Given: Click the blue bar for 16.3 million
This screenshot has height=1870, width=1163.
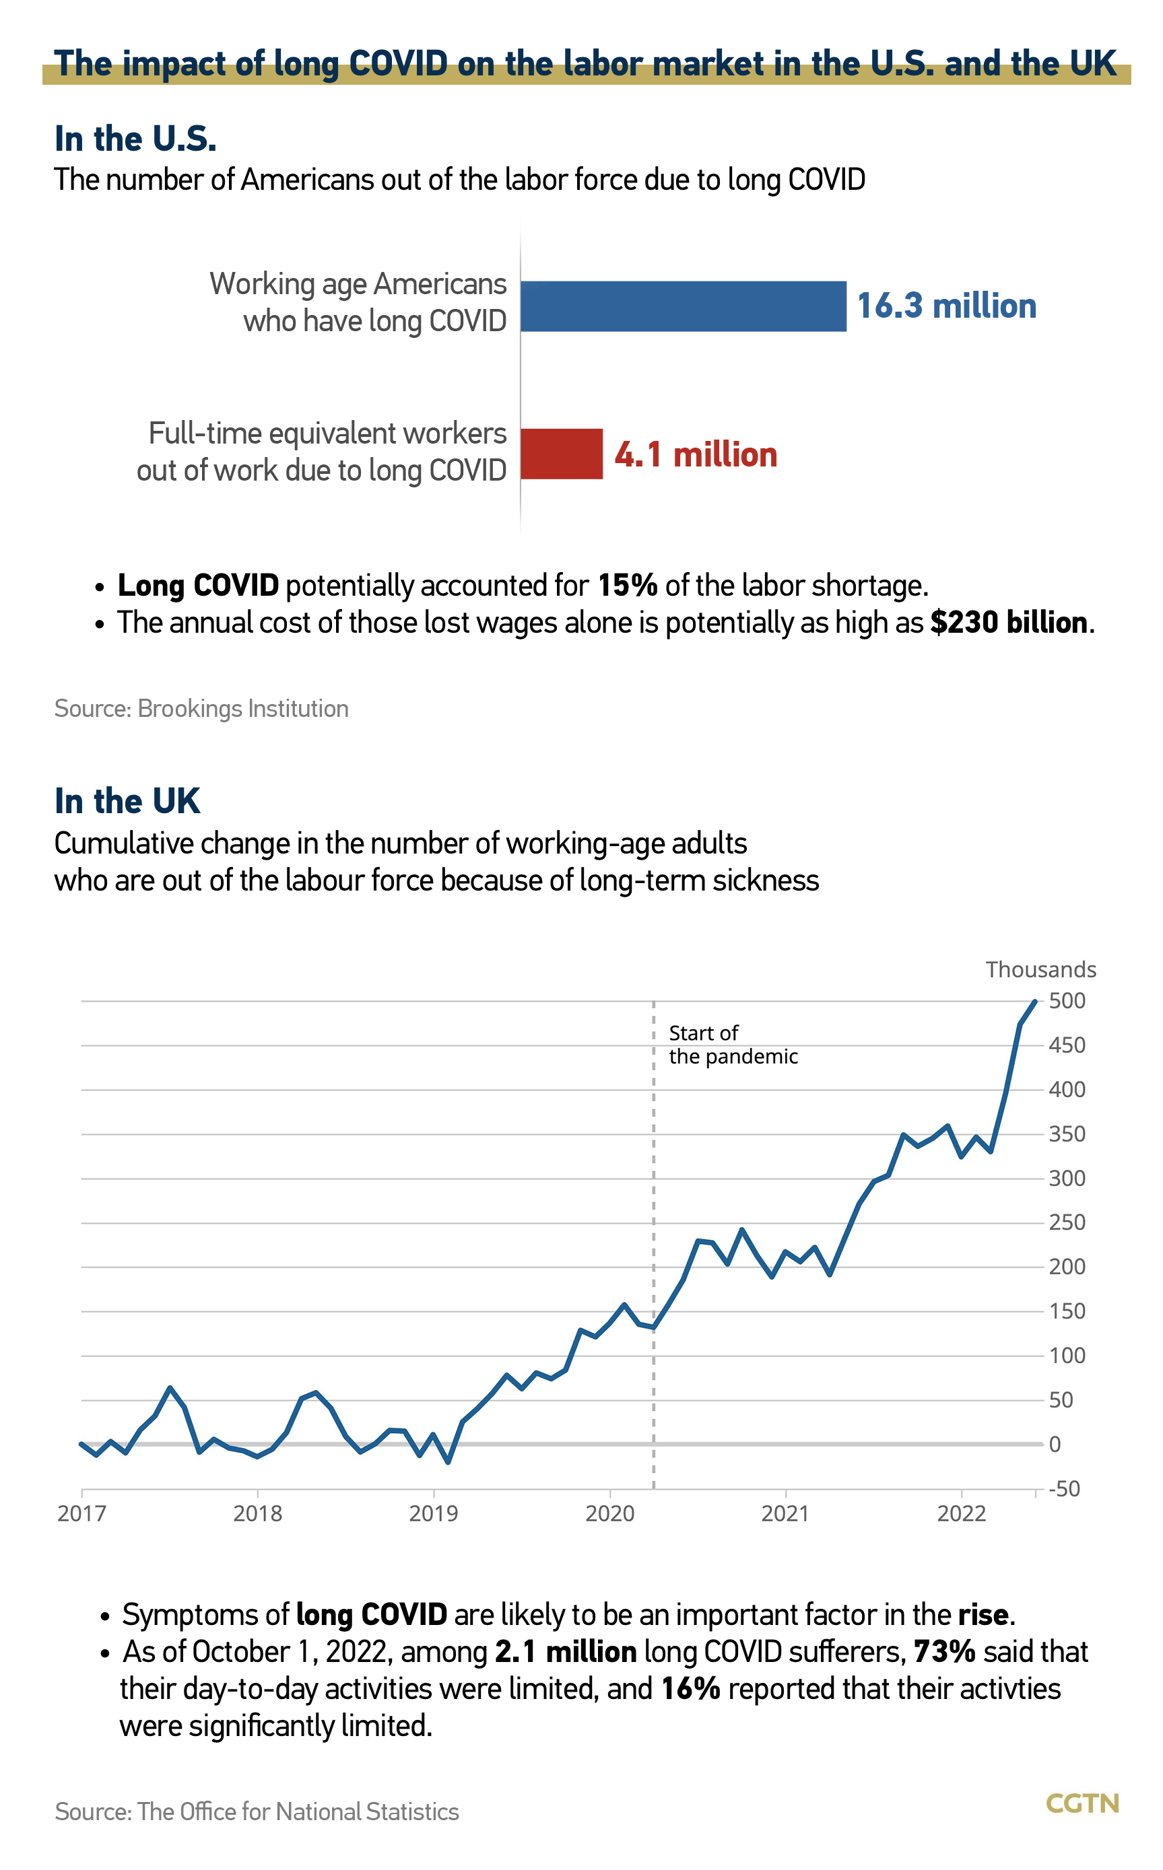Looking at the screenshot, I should tap(683, 306).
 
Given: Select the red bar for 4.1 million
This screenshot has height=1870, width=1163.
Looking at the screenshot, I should tap(562, 454).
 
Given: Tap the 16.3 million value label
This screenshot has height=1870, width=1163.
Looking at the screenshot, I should tap(946, 306).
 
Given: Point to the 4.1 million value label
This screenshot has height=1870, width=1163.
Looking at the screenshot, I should tap(696, 454).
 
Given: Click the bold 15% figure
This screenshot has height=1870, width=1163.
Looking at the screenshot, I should tap(627, 585).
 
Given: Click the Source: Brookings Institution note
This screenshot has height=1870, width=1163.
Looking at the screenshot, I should tap(201, 708).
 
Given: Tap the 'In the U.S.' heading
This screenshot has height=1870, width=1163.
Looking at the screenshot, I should tap(135, 139).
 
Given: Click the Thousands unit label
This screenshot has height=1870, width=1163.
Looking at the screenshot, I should tap(1040, 969).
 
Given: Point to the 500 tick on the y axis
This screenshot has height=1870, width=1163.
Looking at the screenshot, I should tap(1067, 1001).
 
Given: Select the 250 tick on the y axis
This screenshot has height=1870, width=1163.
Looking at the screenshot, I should tap(1067, 1222).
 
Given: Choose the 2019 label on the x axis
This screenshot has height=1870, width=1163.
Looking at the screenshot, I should tap(433, 1514).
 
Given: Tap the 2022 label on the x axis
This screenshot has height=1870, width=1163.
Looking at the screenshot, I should tap(961, 1514).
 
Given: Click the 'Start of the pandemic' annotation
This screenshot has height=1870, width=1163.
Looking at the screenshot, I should tap(732, 1045).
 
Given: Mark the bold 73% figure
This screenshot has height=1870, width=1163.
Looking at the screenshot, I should tap(945, 1652).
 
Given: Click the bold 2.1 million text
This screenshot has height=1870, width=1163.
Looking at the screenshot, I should tap(566, 1652).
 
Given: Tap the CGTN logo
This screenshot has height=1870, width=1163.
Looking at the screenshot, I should tap(1082, 1803).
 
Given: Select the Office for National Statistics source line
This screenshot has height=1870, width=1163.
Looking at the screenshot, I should tap(257, 1811).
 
